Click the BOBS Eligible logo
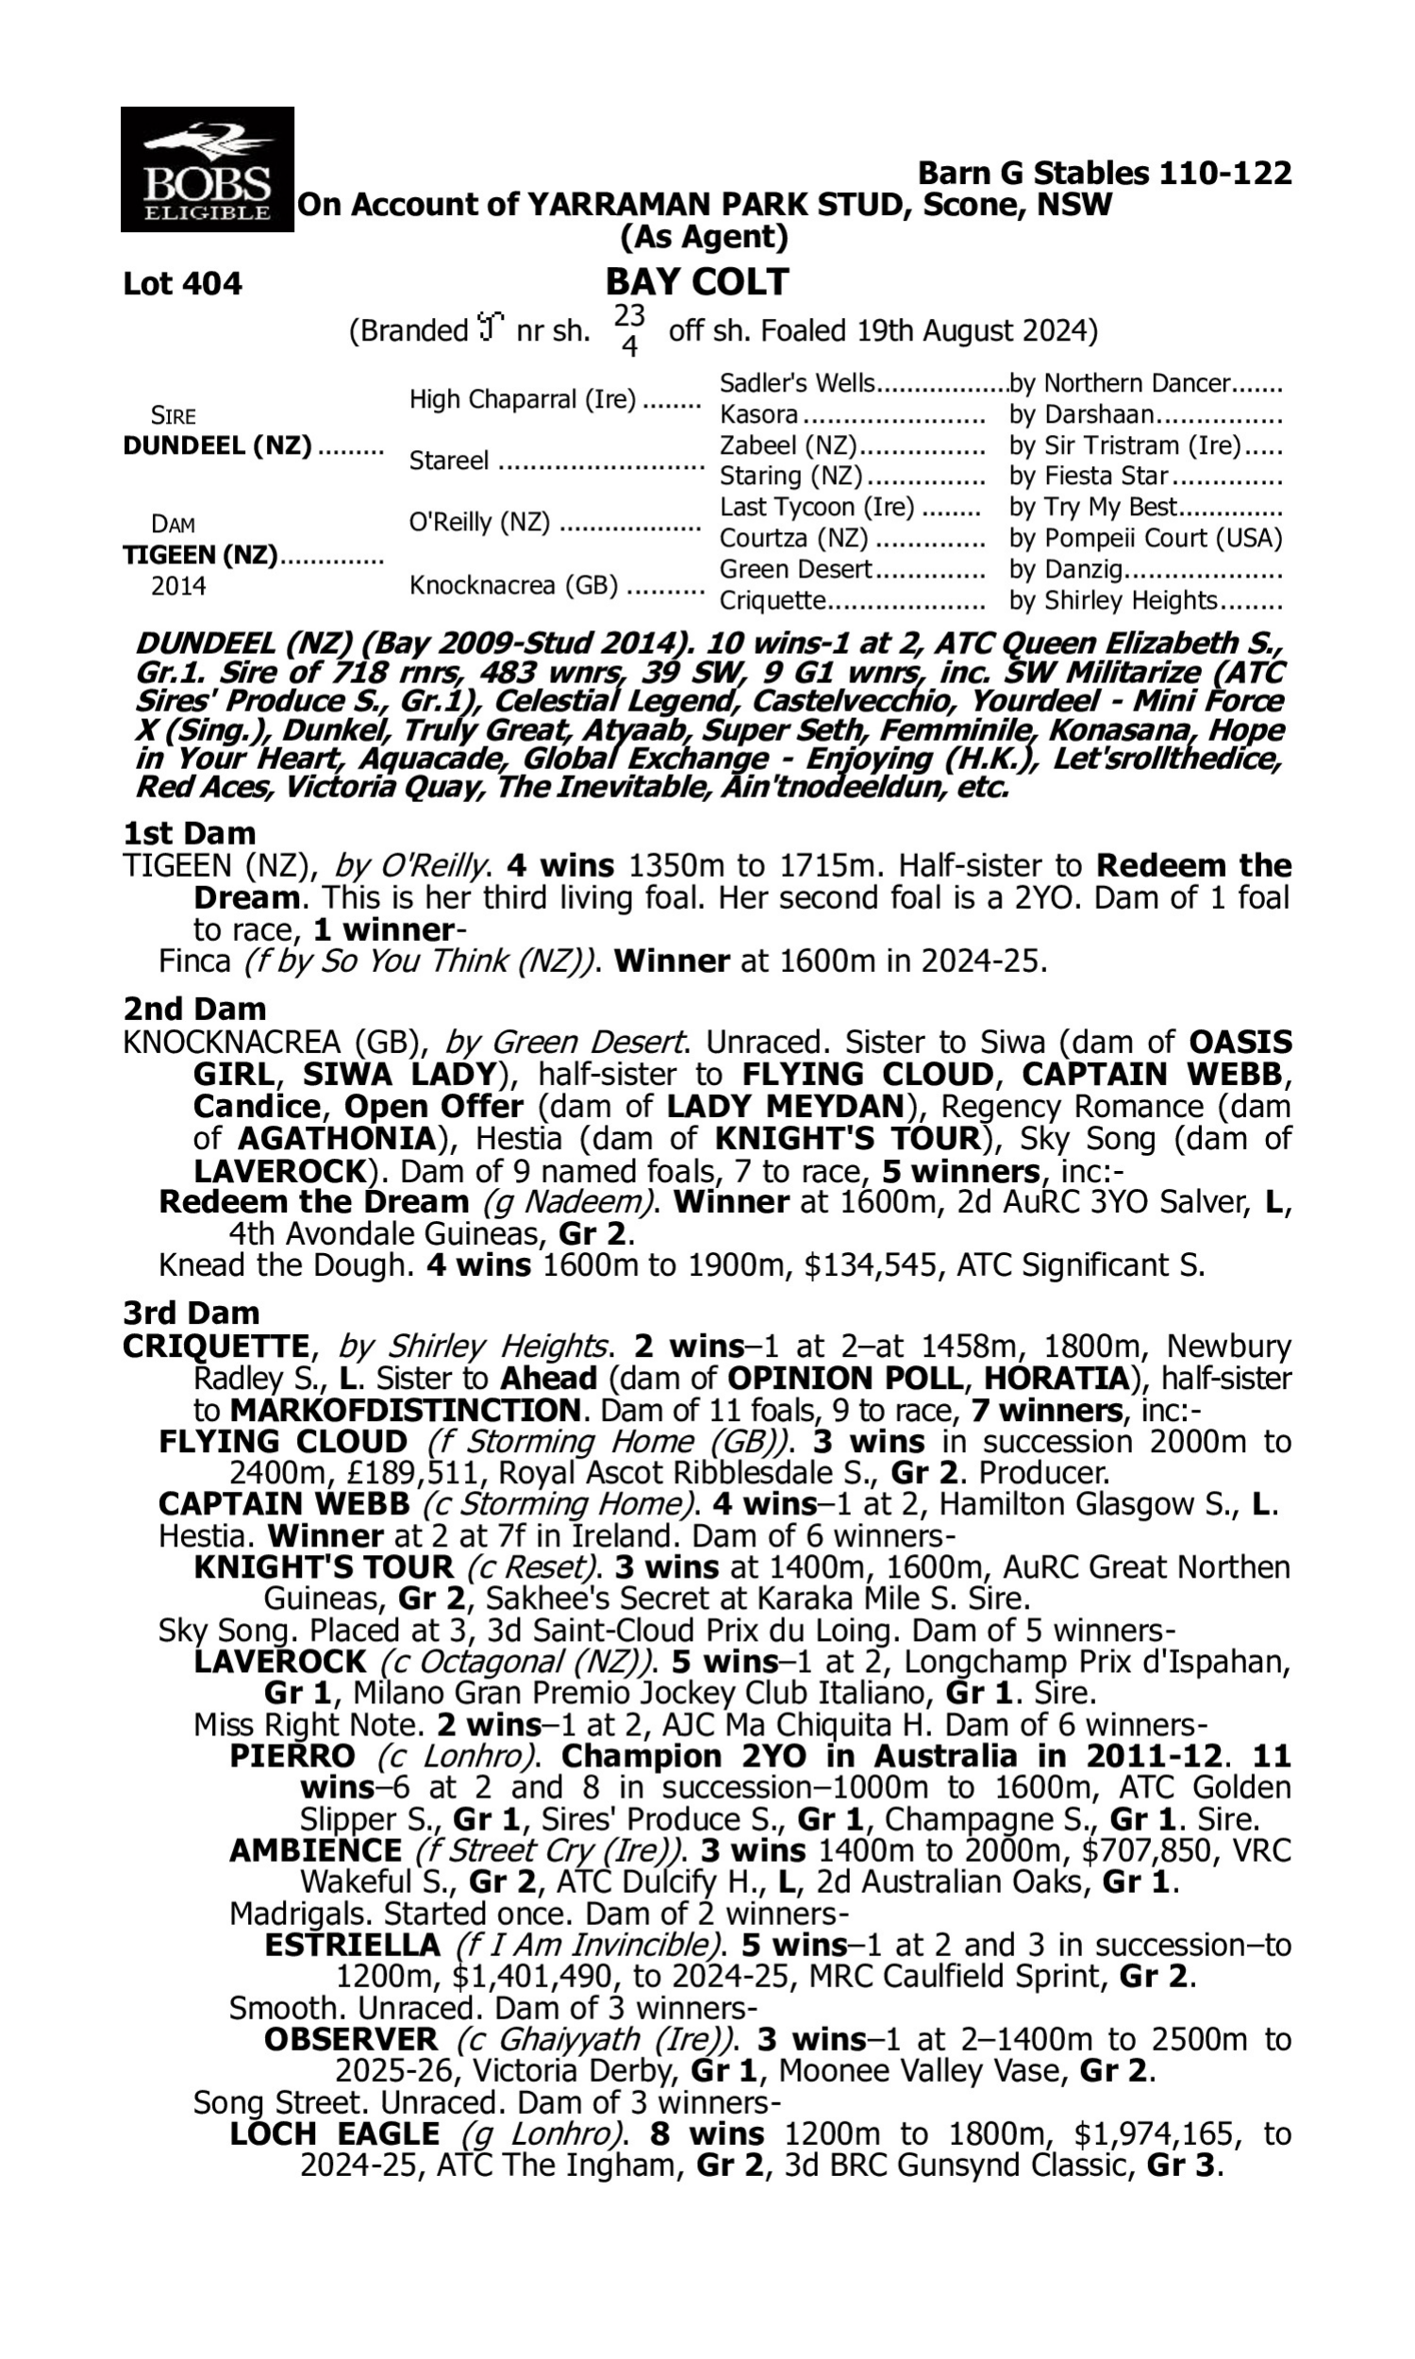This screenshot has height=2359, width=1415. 207,169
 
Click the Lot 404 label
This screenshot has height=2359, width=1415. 182,284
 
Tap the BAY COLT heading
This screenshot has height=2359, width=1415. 697,282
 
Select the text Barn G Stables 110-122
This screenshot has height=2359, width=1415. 1104,174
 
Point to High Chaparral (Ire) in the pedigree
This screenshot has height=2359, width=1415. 523,399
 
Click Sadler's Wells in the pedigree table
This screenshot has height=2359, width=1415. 797,383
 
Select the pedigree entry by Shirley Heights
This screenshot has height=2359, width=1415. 1114,601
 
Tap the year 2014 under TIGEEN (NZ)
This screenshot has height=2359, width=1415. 178,585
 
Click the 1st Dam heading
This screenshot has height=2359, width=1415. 189,833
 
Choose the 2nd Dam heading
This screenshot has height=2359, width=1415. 194,1009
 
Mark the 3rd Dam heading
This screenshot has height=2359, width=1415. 191,1313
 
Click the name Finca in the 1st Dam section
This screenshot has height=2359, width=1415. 194,962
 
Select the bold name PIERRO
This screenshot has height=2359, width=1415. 292,1755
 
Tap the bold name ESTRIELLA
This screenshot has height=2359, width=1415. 352,1944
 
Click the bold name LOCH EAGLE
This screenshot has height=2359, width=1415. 335,2134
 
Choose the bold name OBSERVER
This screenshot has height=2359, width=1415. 351,2039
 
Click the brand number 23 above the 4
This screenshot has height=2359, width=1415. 629,315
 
